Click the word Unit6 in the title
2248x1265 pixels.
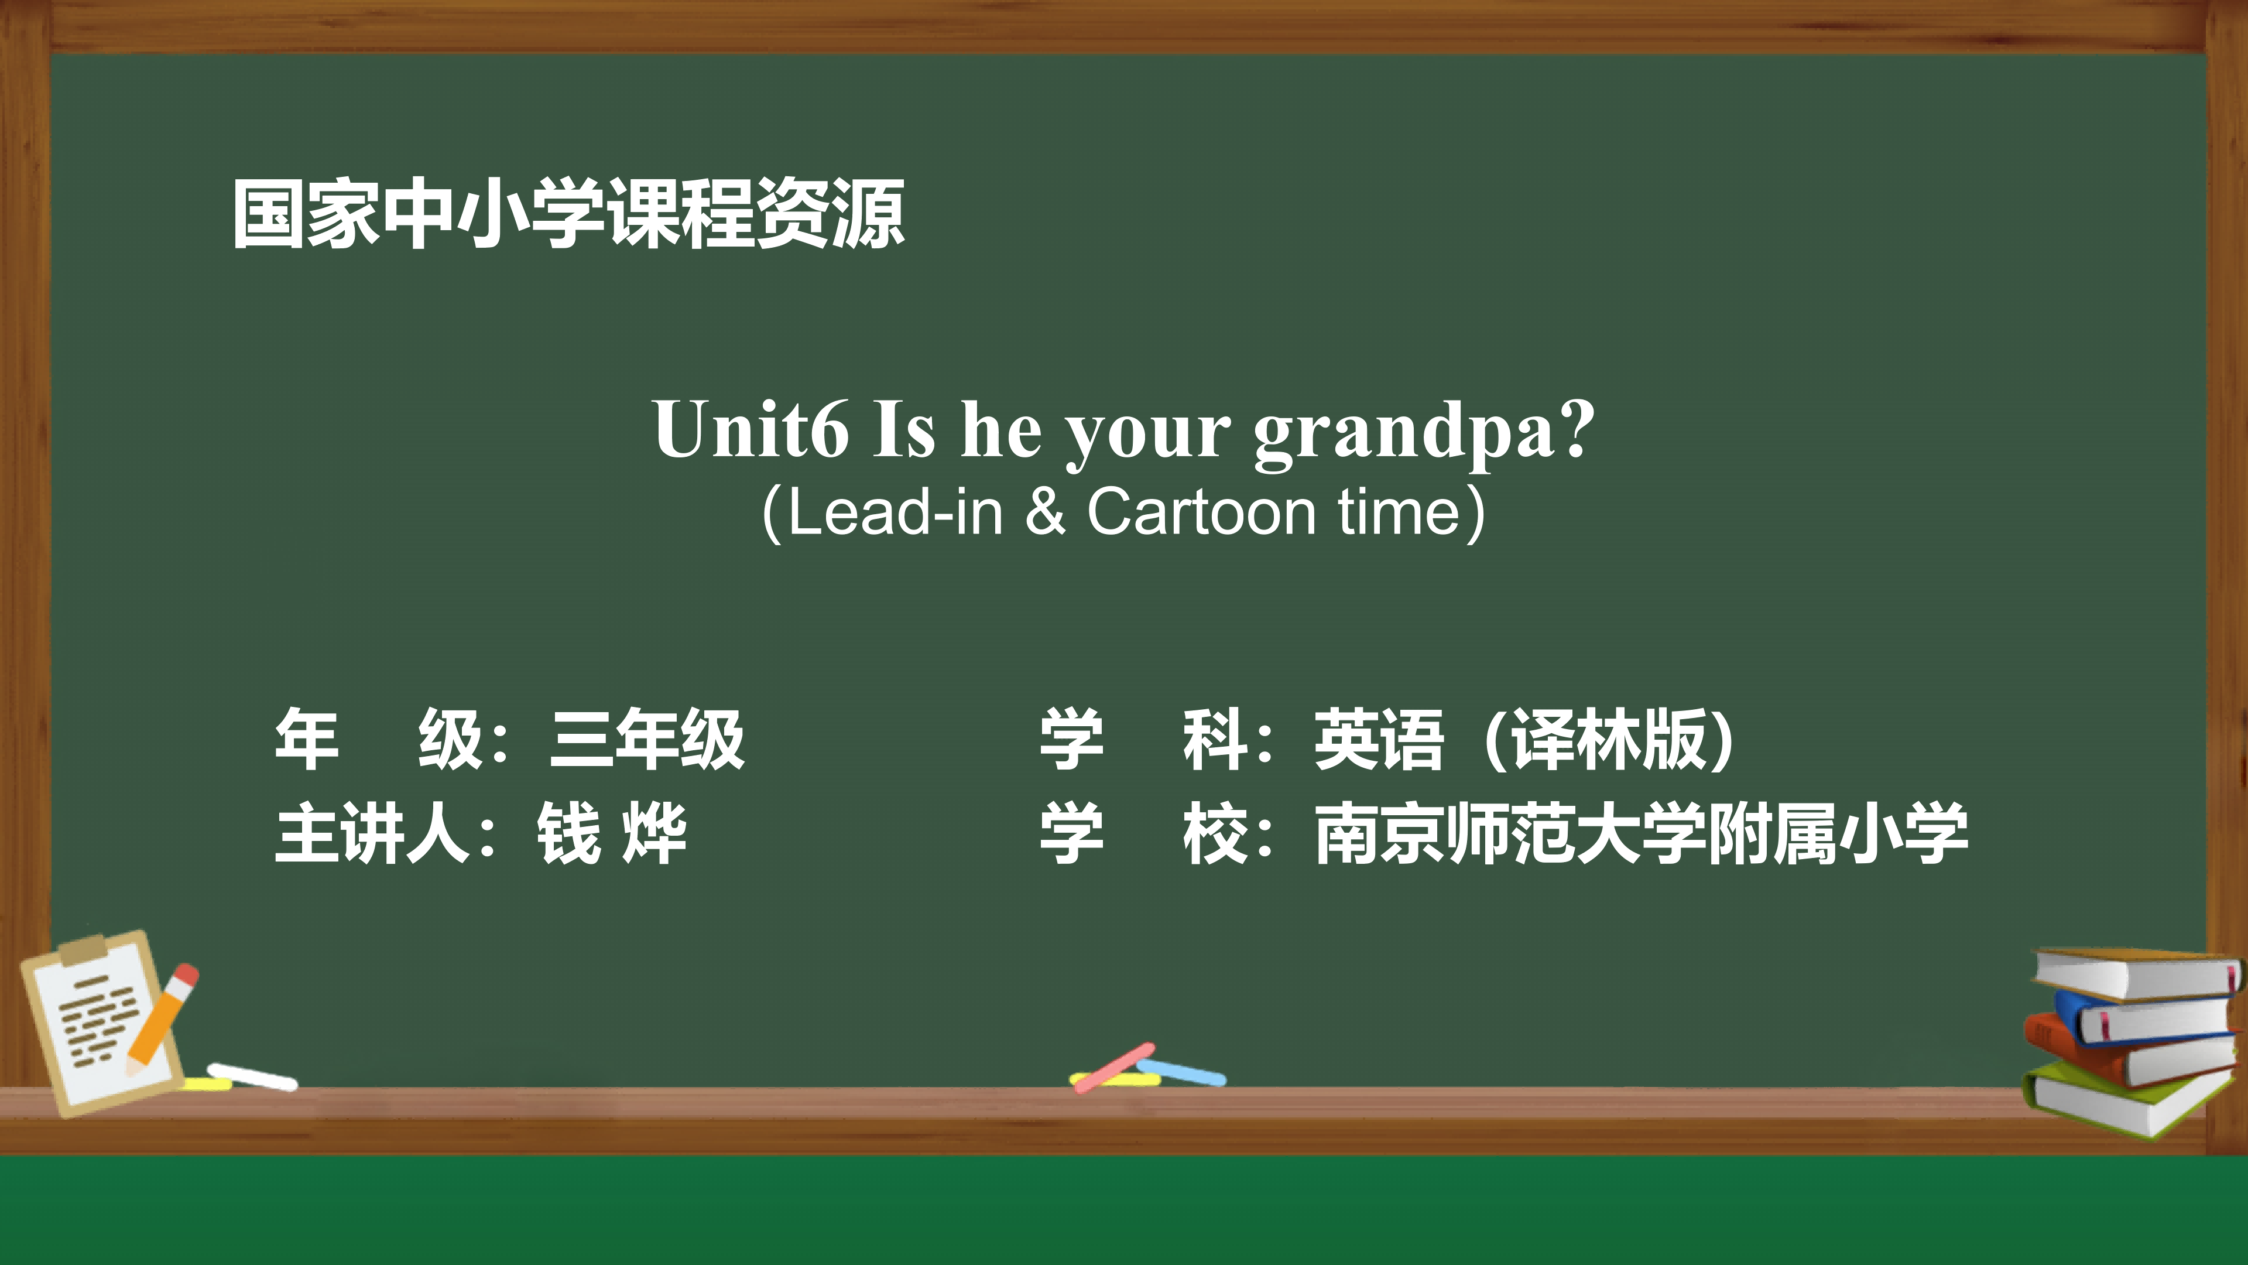[751, 429]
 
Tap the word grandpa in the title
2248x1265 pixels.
[1405, 435]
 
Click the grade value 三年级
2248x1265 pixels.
[647, 740]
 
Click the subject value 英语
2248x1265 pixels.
[1379, 740]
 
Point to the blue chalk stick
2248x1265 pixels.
[1181, 1072]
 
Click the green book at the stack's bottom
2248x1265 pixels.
[2129, 1101]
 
